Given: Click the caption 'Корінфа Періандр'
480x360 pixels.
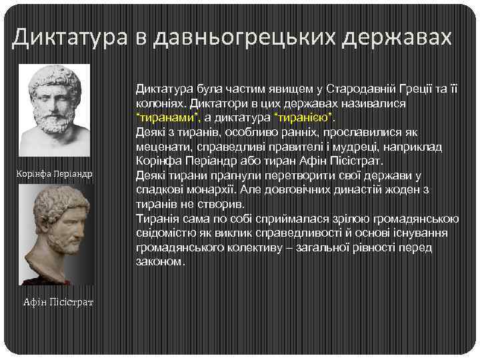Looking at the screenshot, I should pyautogui.click(x=54, y=174).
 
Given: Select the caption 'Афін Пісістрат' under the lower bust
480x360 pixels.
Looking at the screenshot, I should pyautogui.click(x=58, y=303).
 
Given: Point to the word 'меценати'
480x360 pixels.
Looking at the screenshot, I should pyautogui.click(x=161, y=147).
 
